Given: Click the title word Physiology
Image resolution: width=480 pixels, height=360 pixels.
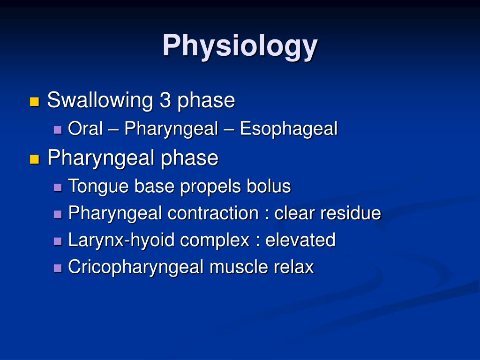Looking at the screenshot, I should pyautogui.click(x=240, y=46).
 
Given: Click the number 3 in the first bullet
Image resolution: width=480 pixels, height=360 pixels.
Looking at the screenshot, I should pyautogui.click(x=165, y=100).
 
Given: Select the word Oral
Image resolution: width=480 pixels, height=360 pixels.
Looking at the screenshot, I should pyautogui.click(x=85, y=129).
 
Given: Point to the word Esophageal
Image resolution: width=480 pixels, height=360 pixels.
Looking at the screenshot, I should pyautogui.click(x=289, y=129).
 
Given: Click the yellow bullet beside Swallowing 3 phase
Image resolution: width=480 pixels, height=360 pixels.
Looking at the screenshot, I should pyautogui.click(x=34, y=102).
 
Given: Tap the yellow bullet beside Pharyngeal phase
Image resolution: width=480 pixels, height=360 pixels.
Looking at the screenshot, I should pyautogui.click(x=34, y=159).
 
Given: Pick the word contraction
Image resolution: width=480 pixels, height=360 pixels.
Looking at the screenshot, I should pyautogui.click(x=213, y=213).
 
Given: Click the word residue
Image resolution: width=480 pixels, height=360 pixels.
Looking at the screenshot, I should pyautogui.click(x=351, y=213).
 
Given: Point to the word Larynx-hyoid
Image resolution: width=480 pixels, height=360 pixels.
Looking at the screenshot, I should pyautogui.click(x=121, y=240).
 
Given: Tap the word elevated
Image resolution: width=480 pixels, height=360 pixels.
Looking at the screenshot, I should pyautogui.click(x=300, y=240).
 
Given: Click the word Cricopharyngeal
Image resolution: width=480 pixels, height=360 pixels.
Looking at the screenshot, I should pyautogui.click(x=136, y=267).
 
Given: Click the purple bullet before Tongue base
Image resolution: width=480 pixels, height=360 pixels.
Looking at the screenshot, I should pyautogui.click(x=58, y=187).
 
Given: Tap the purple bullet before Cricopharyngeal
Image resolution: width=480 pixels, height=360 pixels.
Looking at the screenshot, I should pyautogui.click(x=58, y=268).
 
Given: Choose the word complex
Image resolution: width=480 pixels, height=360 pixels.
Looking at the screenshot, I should pyautogui.click(x=215, y=240).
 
